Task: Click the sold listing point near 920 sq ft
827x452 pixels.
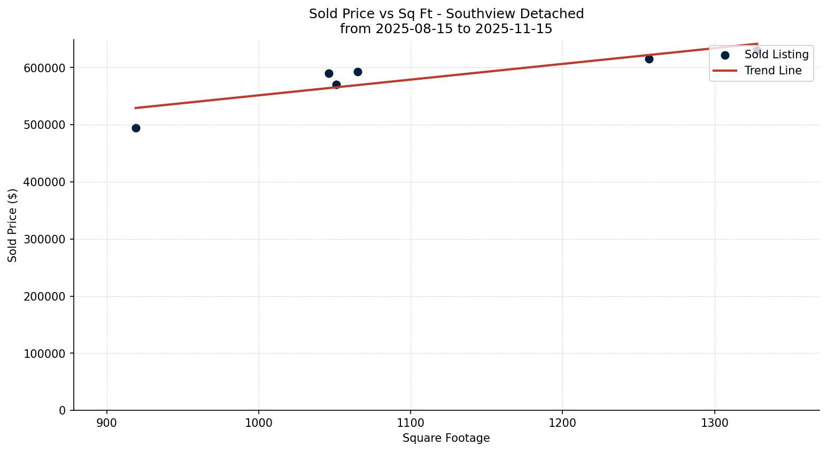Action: click(136, 128)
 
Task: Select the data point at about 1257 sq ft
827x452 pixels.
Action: click(649, 59)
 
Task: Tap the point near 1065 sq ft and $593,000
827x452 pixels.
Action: click(358, 72)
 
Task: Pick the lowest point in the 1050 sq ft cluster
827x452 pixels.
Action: click(336, 85)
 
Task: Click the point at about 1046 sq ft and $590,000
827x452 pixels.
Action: click(329, 73)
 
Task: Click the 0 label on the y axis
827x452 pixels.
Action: click(63, 410)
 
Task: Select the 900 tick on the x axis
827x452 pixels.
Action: click(107, 423)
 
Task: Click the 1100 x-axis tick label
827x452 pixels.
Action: click(411, 423)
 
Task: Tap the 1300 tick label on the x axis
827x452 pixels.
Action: click(715, 423)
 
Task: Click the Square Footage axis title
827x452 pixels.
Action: click(446, 438)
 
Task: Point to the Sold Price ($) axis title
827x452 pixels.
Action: click(13, 225)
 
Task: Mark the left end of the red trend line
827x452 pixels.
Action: click(136, 108)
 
